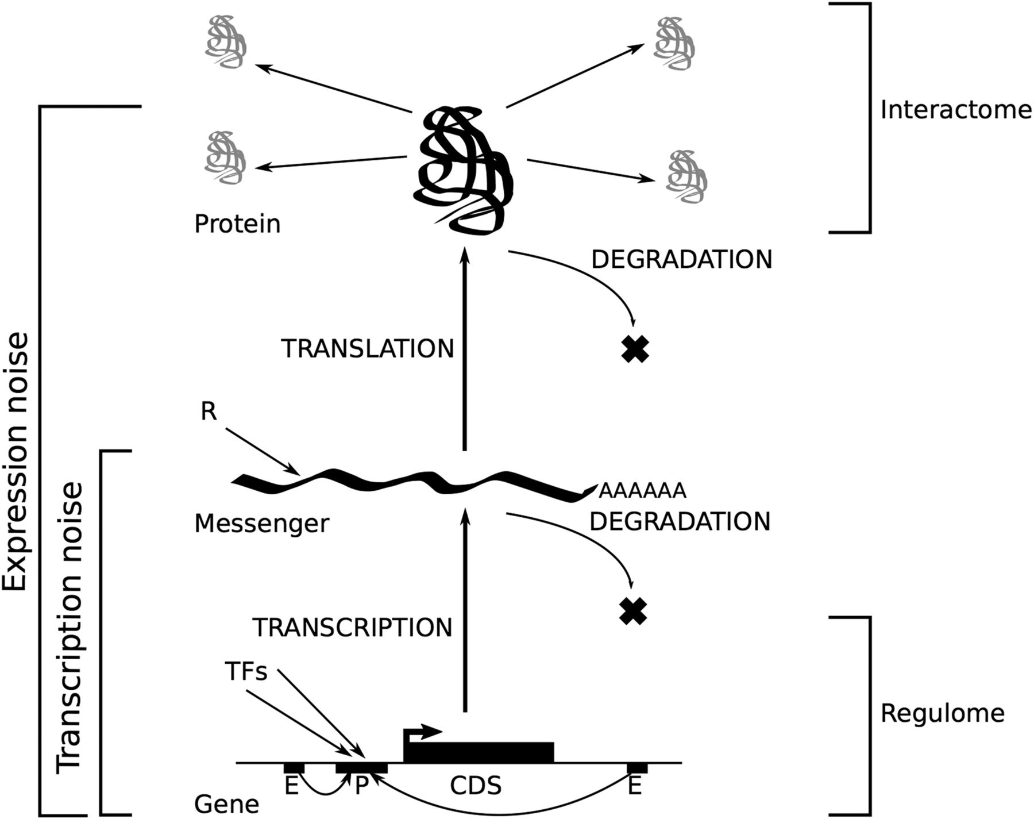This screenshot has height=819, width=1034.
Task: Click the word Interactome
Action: (x=956, y=110)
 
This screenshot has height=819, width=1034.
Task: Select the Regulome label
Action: (x=943, y=713)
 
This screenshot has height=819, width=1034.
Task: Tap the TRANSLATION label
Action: (x=368, y=349)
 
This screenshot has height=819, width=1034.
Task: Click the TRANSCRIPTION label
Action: (x=353, y=628)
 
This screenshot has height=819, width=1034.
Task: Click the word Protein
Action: (x=237, y=224)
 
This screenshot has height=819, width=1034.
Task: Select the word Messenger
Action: (x=262, y=524)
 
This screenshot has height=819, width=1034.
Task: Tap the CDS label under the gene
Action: (x=476, y=786)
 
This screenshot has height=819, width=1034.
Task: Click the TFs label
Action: (x=246, y=671)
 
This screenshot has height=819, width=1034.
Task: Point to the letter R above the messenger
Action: (x=209, y=412)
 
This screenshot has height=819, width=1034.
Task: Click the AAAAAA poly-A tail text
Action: (x=642, y=491)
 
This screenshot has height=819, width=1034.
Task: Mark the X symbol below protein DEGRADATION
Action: (x=635, y=348)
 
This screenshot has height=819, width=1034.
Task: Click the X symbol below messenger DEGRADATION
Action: (x=633, y=611)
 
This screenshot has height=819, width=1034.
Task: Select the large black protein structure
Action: (x=463, y=169)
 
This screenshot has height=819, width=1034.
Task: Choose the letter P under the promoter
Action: (x=361, y=786)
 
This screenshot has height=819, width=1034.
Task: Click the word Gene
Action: (x=226, y=804)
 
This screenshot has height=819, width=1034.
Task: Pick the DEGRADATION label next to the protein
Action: (x=682, y=260)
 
